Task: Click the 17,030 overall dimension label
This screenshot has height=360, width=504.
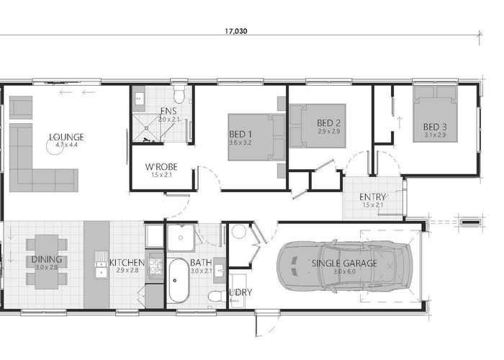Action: point(236,31)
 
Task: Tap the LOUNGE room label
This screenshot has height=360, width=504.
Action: point(66,138)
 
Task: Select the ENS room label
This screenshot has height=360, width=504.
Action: point(168,111)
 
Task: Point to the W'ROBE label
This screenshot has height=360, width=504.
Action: point(161,167)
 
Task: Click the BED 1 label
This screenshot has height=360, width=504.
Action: point(240,134)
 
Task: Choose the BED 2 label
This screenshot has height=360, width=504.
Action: point(328,123)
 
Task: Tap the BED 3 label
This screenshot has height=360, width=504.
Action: point(435,127)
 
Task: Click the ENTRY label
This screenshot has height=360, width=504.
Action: point(372,197)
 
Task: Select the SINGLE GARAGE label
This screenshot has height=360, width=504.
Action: point(344,264)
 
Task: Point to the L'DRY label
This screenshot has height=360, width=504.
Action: point(241,292)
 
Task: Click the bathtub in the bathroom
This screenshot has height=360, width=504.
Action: point(179,280)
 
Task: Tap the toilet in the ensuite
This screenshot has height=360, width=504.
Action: point(179,94)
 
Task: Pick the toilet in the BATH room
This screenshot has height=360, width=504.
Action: point(215,295)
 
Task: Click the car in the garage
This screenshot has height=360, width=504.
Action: point(344,266)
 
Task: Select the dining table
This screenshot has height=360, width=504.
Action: point(47,261)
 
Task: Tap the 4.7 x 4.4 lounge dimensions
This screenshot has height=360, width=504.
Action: point(66,145)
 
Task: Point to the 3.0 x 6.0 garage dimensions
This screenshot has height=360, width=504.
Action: point(345,271)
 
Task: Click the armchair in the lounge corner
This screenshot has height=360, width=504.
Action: point(21,107)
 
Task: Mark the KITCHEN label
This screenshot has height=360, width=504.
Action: point(127,263)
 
